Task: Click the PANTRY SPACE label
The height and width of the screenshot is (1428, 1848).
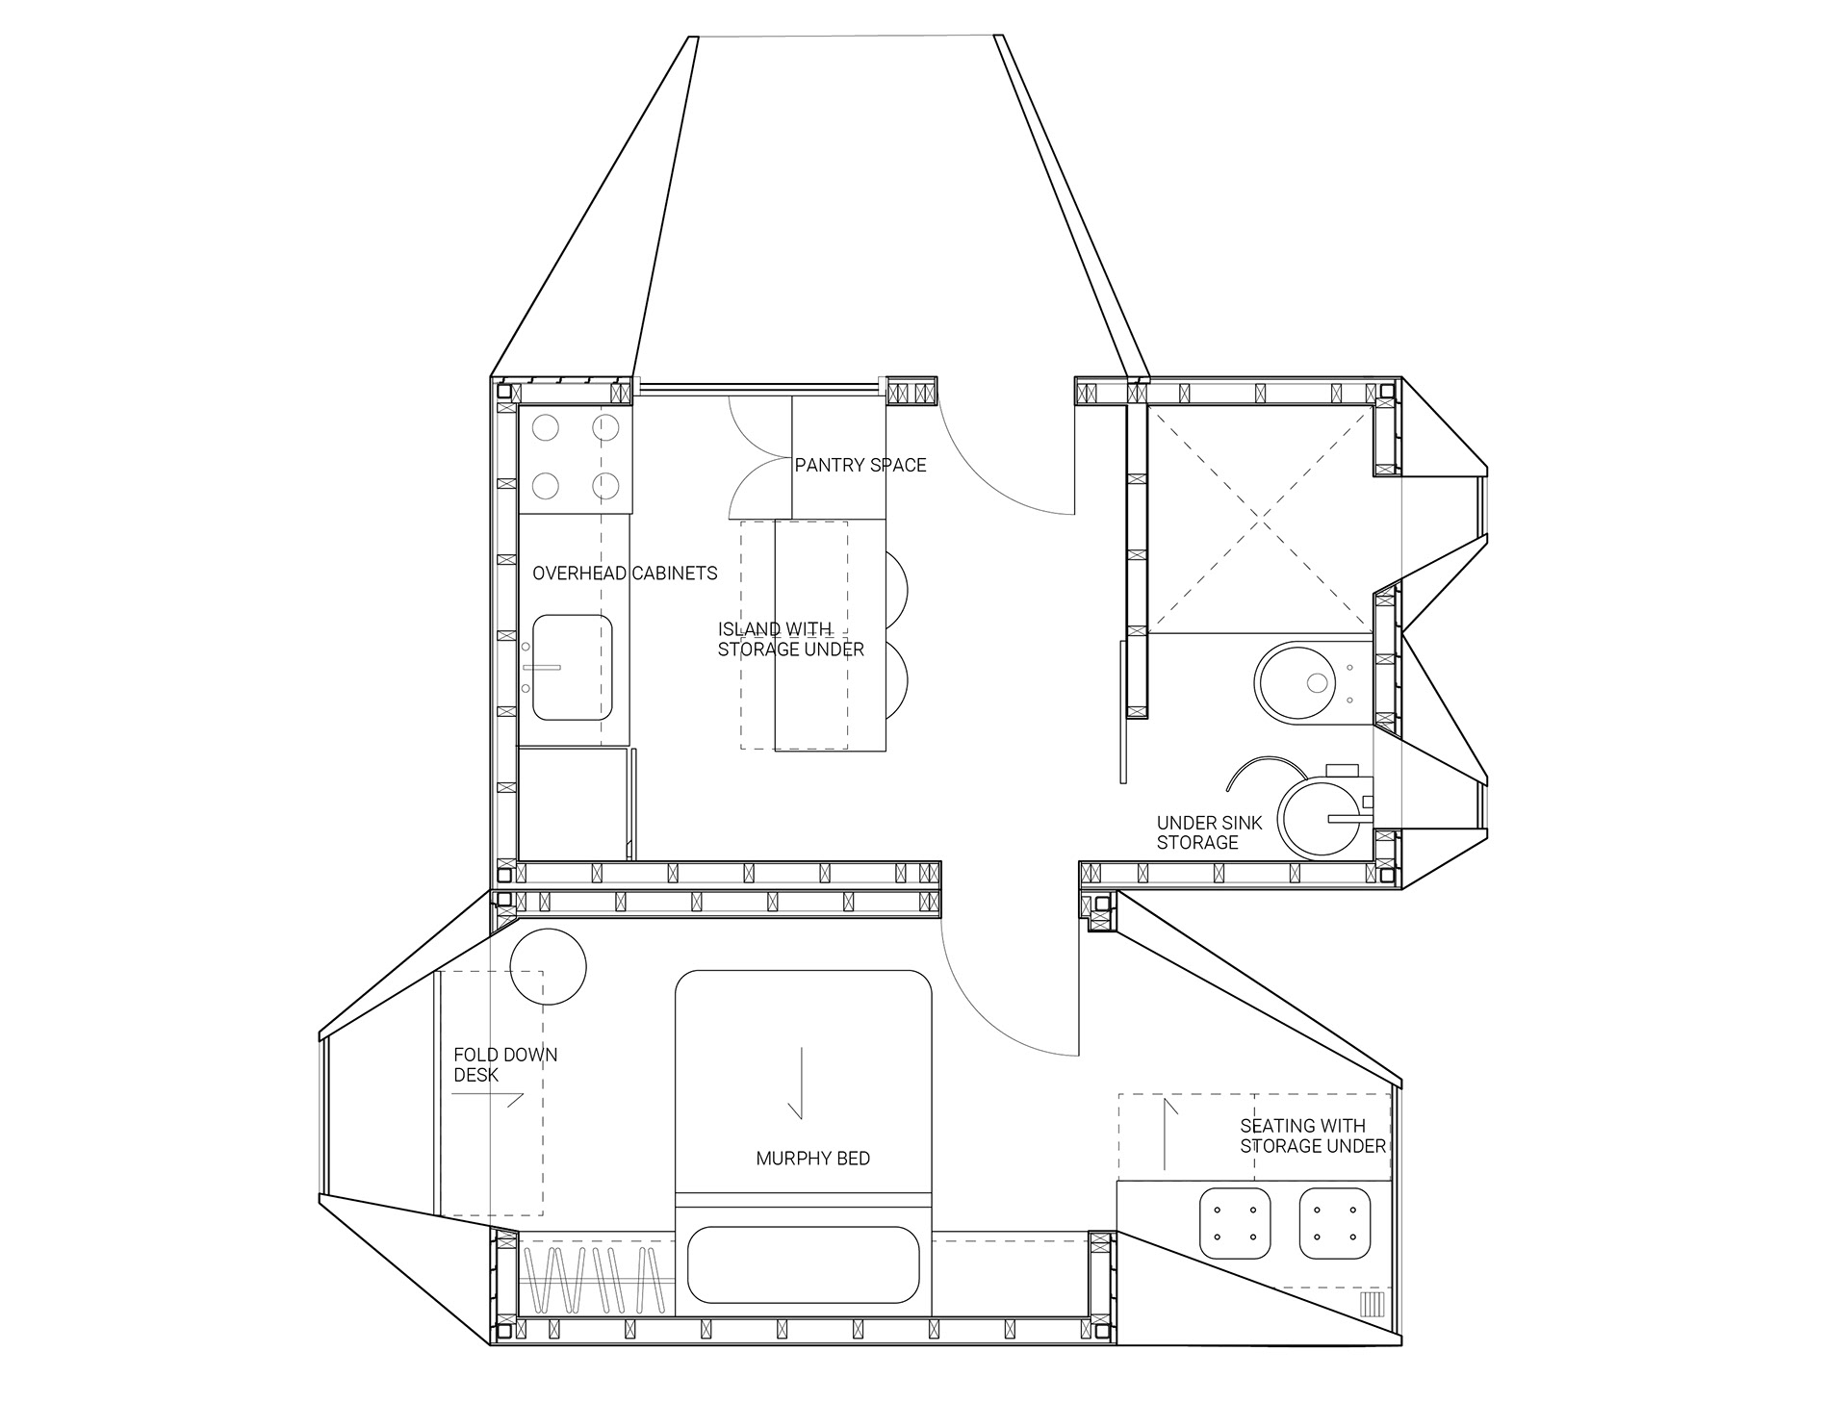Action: (x=860, y=466)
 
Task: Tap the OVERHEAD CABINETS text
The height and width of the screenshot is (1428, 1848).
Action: (x=625, y=574)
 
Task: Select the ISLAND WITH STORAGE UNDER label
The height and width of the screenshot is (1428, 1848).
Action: (x=790, y=640)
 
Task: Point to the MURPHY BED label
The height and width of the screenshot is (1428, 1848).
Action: (x=812, y=1159)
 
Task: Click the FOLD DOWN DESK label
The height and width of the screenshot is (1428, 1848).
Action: (x=505, y=1064)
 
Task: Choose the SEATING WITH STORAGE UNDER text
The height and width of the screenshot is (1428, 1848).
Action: (x=1313, y=1135)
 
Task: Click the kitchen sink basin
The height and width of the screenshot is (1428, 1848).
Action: (x=573, y=668)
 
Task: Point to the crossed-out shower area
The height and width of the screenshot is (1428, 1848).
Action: (x=1260, y=520)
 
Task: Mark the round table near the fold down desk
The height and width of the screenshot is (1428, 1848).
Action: (x=547, y=966)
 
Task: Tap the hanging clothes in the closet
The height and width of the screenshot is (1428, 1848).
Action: (x=597, y=1281)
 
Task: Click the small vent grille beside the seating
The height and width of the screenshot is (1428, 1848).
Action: (x=1372, y=1305)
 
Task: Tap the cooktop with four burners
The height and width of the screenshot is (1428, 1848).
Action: (x=576, y=458)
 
